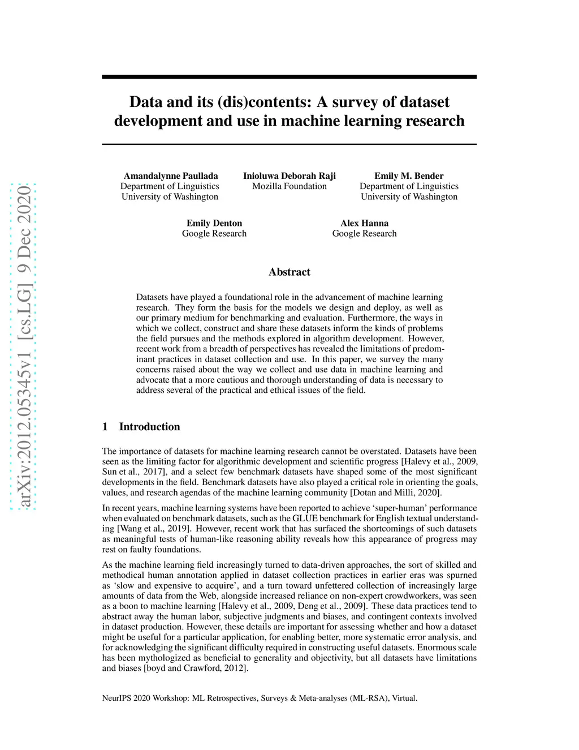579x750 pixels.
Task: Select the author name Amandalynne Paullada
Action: [171, 176]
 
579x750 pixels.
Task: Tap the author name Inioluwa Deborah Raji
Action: [289, 176]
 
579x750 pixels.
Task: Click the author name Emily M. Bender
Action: [409, 176]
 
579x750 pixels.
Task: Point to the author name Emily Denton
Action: [214, 224]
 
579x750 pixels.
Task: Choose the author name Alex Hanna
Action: [364, 224]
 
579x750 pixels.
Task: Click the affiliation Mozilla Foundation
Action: [289, 186]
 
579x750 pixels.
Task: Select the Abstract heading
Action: [289, 272]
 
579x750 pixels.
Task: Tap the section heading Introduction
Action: [149, 427]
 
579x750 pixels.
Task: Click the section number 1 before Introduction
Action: [105, 427]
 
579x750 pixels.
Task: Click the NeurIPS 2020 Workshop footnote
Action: [260, 698]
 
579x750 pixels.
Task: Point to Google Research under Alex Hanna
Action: [364, 234]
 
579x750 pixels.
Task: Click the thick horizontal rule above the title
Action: [289, 76]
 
